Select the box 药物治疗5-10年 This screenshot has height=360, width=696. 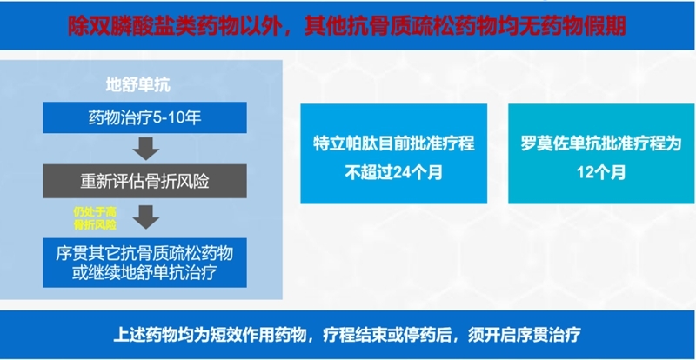pyautogui.click(x=145, y=116)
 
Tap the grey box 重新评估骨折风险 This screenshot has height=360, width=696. pyautogui.click(x=145, y=181)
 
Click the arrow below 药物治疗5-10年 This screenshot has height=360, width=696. pyautogui.click(x=145, y=149)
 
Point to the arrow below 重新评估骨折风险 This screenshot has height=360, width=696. pyautogui.click(x=145, y=214)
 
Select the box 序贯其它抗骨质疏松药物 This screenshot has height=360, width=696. pyautogui.click(x=145, y=253)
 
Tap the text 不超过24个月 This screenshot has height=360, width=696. pyautogui.click(x=393, y=171)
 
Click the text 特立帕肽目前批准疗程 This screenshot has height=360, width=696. pyautogui.click(x=393, y=143)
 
